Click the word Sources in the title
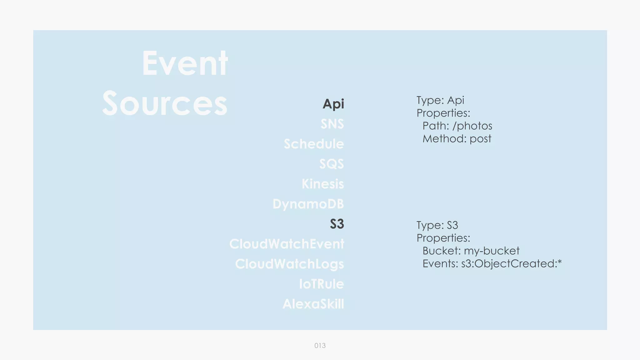click(x=165, y=103)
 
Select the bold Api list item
click(x=333, y=104)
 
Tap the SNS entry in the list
click(x=332, y=124)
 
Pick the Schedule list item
click(x=314, y=144)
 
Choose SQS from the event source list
click(x=332, y=164)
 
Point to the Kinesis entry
click(x=323, y=184)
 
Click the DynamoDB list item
click(x=308, y=204)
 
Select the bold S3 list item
click(x=337, y=224)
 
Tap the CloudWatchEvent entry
click(x=287, y=244)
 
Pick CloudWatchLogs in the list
click(x=289, y=264)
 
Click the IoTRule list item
click(x=321, y=284)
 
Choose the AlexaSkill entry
click(x=313, y=304)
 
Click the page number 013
click(x=320, y=346)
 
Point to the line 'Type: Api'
click(x=440, y=100)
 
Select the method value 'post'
click(x=480, y=139)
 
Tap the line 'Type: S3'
click(x=437, y=225)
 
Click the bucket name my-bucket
click(x=492, y=251)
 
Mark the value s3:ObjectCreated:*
click(x=511, y=264)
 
